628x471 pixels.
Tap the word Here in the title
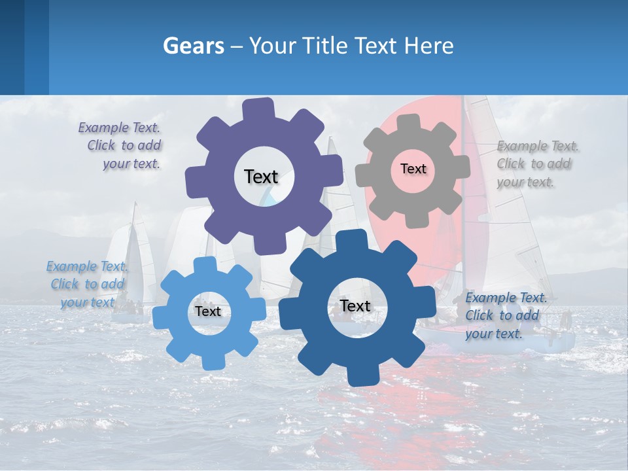tap(428, 46)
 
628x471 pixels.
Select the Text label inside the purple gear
tap(261, 177)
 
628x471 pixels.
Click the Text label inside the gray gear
tap(413, 169)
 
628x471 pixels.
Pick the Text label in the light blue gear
tap(207, 311)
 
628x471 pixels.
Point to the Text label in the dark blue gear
tap(355, 305)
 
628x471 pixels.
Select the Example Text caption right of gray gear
tap(536, 164)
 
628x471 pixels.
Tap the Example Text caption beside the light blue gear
tap(87, 285)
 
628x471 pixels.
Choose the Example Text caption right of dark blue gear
tap(504, 316)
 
